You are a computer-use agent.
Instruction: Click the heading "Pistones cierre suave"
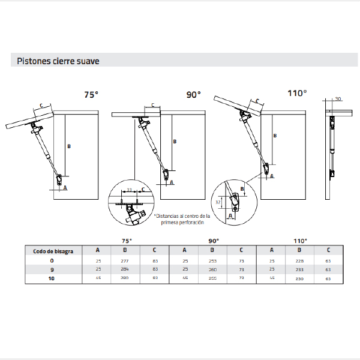(58, 61)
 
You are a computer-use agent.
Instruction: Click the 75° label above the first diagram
(91, 94)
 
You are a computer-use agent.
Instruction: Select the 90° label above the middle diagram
(193, 94)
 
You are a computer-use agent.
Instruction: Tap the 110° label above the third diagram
(297, 93)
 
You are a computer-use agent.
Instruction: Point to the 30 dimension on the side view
(338, 98)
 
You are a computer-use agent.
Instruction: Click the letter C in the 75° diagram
(41, 105)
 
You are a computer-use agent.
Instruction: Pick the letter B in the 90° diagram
(175, 142)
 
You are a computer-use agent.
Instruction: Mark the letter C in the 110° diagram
(257, 101)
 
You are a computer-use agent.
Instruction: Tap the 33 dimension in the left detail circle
(130, 190)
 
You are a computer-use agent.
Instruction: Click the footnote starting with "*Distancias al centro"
(182, 218)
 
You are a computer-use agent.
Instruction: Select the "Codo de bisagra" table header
(53, 251)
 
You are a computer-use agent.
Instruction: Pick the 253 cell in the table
(212, 261)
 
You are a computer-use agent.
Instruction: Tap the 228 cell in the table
(299, 261)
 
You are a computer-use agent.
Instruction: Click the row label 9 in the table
(52, 270)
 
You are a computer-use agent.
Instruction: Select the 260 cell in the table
(212, 270)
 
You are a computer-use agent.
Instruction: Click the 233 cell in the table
(299, 270)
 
